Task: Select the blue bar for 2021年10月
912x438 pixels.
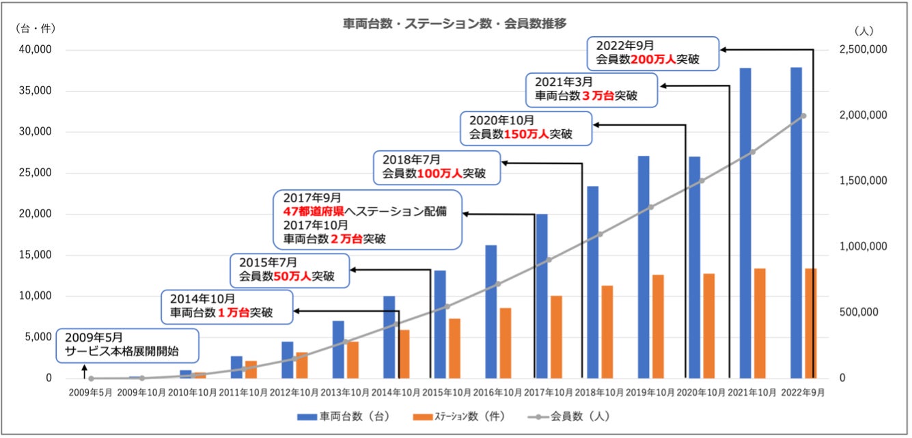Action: tap(745, 223)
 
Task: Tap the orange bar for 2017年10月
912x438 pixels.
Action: tap(556, 337)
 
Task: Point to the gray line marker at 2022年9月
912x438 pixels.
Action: tap(803, 115)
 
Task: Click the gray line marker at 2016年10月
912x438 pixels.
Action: tap(498, 284)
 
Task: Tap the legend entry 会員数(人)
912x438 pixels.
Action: tap(569, 415)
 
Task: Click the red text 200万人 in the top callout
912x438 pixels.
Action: tap(652, 59)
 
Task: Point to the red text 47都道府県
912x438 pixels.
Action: tap(312, 211)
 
